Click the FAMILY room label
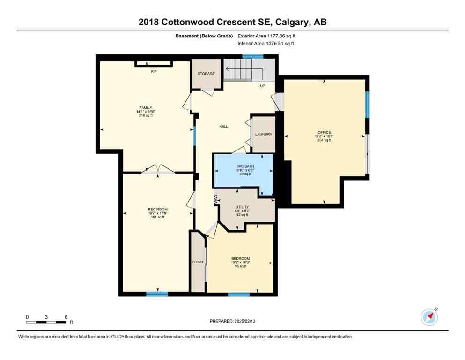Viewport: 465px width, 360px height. tap(144, 108)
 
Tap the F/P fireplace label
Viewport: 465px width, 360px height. tap(153, 72)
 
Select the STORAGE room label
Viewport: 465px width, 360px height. tap(206, 74)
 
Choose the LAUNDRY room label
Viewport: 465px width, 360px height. tap(264, 135)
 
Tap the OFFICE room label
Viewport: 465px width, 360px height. tap(324, 132)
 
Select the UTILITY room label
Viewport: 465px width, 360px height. tap(242, 207)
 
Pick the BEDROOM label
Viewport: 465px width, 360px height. tap(240, 258)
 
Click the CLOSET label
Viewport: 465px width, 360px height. tap(198, 262)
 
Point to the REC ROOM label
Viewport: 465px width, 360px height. tap(158, 209)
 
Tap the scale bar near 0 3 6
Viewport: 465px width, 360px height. tap(46, 322)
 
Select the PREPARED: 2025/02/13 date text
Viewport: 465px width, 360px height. tap(232, 321)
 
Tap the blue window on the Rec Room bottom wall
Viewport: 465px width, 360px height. tap(157, 294)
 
